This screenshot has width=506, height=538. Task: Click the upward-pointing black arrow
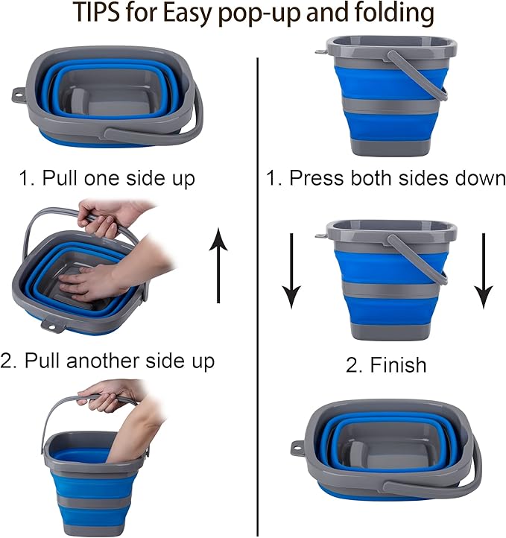(x=218, y=265)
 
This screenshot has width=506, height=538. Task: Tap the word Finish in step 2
(x=397, y=365)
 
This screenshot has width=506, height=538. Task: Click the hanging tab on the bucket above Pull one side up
(x=19, y=95)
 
